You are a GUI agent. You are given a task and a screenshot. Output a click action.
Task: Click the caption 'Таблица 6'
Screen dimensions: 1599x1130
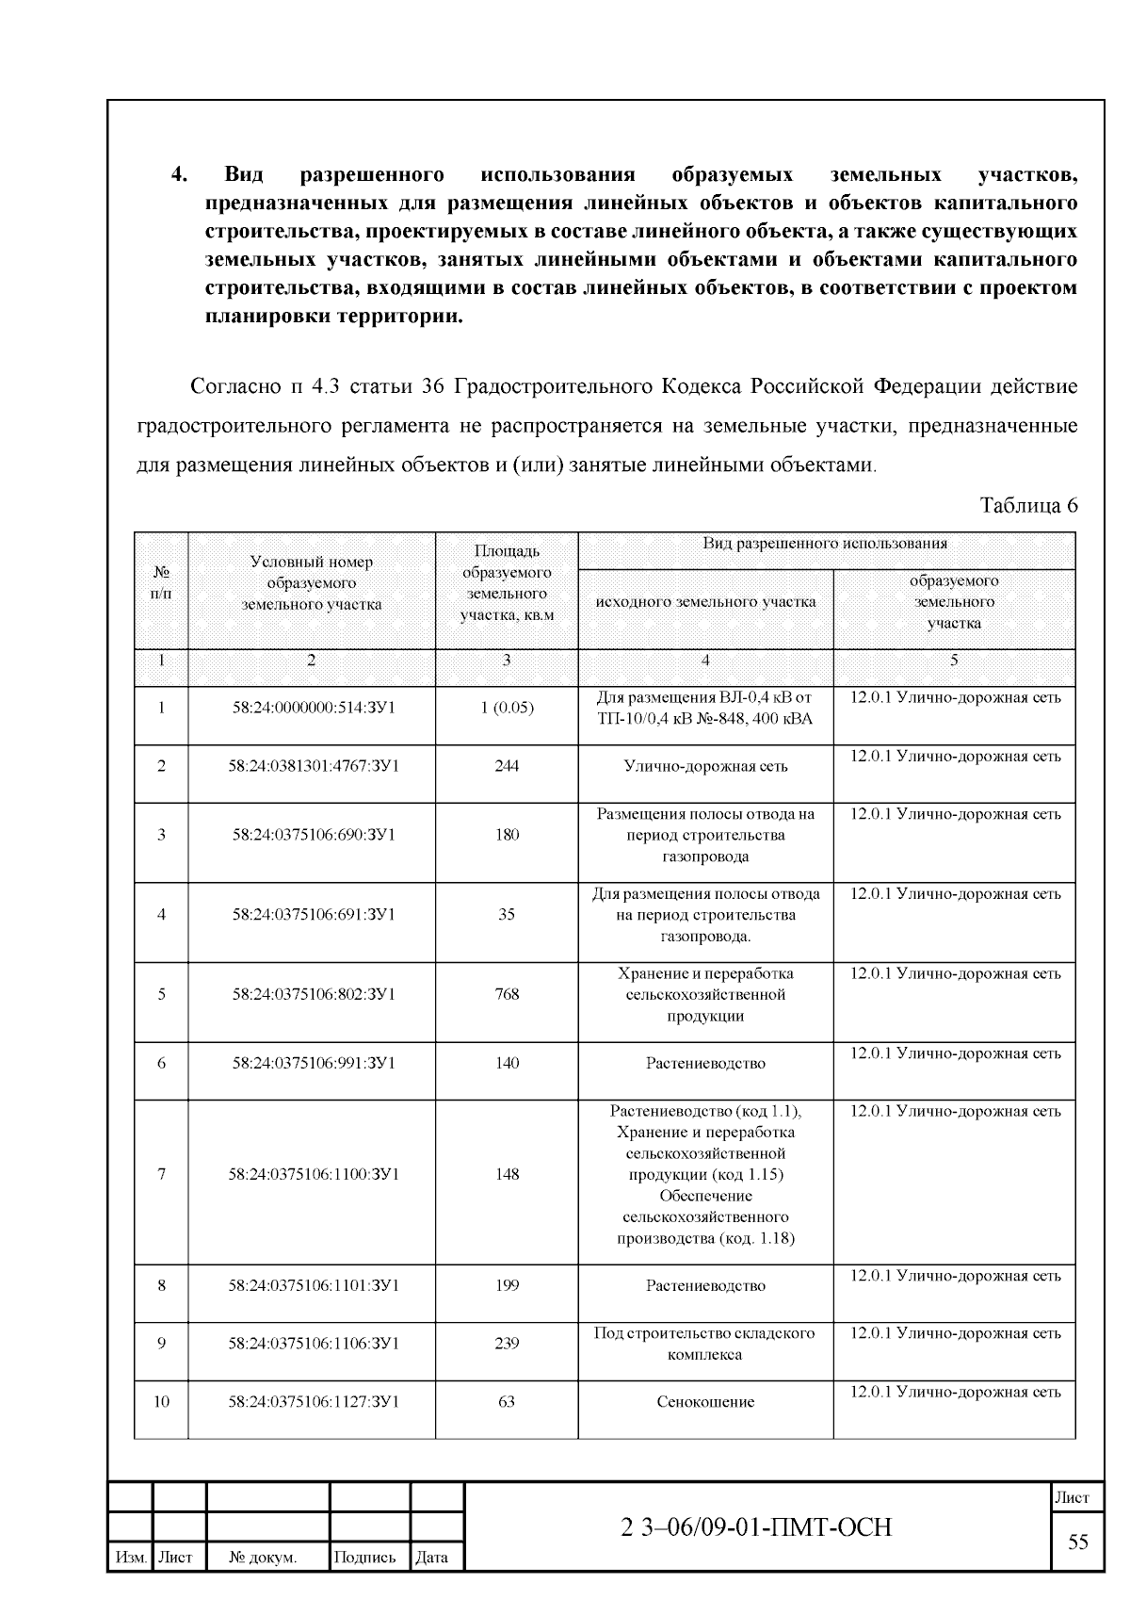pyautogui.click(x=1028, y=505)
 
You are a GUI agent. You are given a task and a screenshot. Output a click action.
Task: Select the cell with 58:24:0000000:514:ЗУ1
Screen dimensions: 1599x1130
pyautogui.click(x=313, y=708)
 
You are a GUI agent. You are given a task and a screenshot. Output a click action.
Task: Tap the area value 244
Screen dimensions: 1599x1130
pyautogui.click(x=507, y=766)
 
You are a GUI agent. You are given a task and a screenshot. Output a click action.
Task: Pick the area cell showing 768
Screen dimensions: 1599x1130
pyautogui.click(x=507, y=994)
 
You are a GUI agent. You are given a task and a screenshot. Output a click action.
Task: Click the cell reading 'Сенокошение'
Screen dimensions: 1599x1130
pyautogui.click(x=705, y=1402)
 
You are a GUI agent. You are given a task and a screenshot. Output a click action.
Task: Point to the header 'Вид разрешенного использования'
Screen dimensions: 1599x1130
pyautogui.click(x=825, y=544)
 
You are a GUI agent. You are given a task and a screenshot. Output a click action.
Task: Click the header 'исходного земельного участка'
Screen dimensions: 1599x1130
pyautogui.click(x=705, y=601)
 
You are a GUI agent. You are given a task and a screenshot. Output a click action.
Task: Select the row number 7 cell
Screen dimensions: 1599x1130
pyautogui.click(x=161, y=1174)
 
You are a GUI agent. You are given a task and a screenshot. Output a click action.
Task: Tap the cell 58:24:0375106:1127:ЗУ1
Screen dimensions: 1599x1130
pyautogui.click(x=313, y=1402)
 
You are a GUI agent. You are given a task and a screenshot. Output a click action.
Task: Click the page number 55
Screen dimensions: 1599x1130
pyautogui.click(x=1077, y=1542)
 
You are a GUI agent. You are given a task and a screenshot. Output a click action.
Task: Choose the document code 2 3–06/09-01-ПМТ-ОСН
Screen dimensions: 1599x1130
pyautogui.click(x=756, y=1527)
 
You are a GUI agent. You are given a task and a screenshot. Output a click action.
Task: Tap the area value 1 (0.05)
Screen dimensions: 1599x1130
pyautogui.click(x=507, y=708)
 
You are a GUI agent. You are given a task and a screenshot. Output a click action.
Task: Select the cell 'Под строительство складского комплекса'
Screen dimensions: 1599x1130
pyautogui.click(x=705, y=1344)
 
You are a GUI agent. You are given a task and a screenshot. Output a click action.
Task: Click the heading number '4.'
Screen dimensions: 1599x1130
pyautogui.click(x=180, y=175)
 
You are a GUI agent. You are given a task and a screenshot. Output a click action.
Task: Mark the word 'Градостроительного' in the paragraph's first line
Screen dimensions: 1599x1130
pyautogui.click(x=553, y=387)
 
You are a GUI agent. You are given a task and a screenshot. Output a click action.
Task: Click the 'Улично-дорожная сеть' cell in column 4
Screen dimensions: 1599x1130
pyautogui.click(x=705, y=766)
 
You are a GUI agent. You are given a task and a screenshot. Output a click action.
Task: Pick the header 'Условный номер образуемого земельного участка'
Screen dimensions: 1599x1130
pyautogui.click(x=312, y=583)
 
